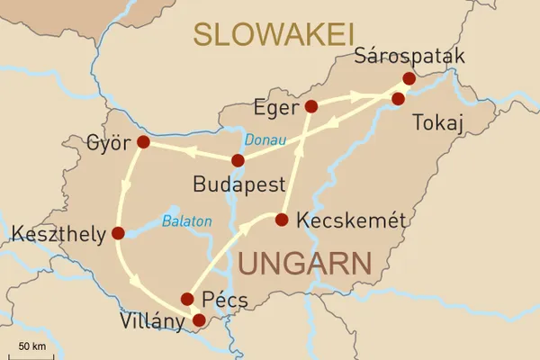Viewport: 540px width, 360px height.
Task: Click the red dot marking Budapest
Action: click(x=238, y=161)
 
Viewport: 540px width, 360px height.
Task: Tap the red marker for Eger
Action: click(x=311, y=106)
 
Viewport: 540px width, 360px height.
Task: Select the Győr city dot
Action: click(x=142, y=142)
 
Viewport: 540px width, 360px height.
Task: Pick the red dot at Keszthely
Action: click(x=118, y=233)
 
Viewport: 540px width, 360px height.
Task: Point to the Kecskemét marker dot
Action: click(x=281, y=220)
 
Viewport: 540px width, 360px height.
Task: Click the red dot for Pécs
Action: click(x=187, y=299)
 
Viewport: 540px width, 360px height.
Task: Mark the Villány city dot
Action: click(x=199, y=319)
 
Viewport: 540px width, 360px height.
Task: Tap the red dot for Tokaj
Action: click(x=398, y=98)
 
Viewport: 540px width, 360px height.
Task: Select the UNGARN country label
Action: click(x=305, y=264)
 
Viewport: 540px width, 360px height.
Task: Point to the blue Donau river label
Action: click(x=265, y=141)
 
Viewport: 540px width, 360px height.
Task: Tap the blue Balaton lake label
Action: click(x=187, y=220)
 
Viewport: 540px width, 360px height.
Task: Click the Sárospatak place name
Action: click(x=411, y=57)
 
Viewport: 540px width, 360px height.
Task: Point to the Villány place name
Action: click(x=155, y=321)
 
